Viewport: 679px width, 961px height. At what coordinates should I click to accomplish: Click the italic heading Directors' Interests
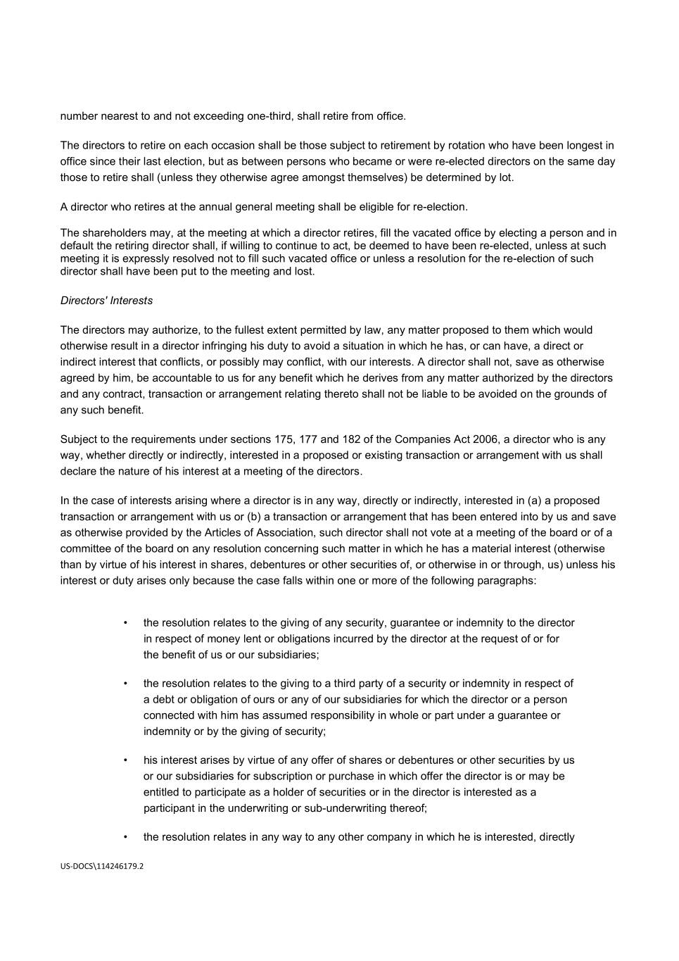coord(106,301)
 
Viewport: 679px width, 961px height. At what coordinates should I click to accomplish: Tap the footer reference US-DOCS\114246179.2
coord(101,867)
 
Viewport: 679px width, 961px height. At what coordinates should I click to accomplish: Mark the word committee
coord(84,548)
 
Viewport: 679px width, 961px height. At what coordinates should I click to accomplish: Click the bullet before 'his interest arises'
coord(125,760)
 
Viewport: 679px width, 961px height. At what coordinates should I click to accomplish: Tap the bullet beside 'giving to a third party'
coord(125,683)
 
